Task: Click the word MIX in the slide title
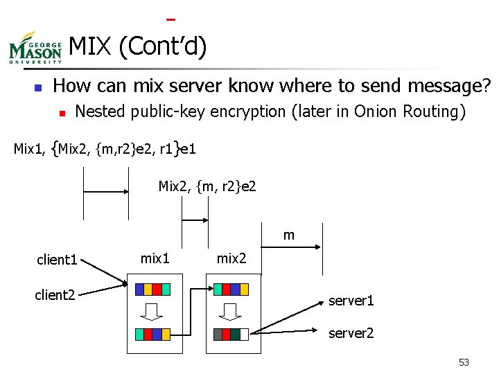coord(91,47)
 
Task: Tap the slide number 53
coord(464,362)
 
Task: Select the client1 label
coord(57,260)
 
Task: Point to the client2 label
coord(55,296)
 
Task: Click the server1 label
coord(351,301)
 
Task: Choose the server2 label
coord(351,333)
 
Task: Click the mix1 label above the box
coord(155,258)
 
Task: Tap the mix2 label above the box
coord(231,258)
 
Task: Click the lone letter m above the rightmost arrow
coord(289,235)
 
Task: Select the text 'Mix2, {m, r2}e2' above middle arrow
coord(207,186)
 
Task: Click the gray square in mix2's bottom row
coord(218,333)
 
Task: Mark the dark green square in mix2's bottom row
coord(235,333)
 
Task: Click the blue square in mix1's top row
coord(139,289)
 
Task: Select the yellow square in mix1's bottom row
coord(166,333)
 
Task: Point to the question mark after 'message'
coord(486,86)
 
